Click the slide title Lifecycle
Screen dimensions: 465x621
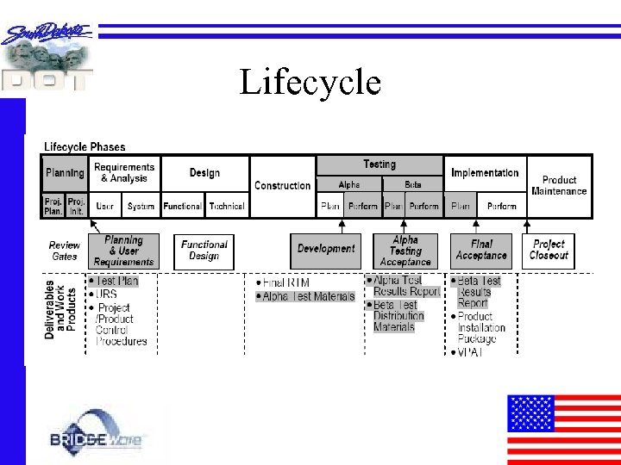pyautogui.click(x=310, y=83)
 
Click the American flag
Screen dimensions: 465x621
pyautogui.click(x=563, y=429)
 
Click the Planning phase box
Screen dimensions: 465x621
pyautogui.click(x=65, y=173)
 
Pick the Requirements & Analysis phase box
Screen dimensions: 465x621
pyautogui.click(x=124, y=173)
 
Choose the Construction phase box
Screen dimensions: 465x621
pyautogui.click(x=282, y=186)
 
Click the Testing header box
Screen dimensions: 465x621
pyautogui.click(x=379, y=164)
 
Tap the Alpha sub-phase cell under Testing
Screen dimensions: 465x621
pyautogui.click(x=348, y=184)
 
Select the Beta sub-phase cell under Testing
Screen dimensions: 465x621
pyautogui.click(x=413, y=184)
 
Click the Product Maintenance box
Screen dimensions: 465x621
pyautogui.click(x=559, y=186)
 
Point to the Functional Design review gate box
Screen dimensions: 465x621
pyautogui.click(x=204, y=251)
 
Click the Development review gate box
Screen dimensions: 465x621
pyautogui.click(x=326, y=249)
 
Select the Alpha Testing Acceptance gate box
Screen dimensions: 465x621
pyautogui.click(x=405, y=251)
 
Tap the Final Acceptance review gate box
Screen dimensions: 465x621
pyautogui.click(x=480, y=251)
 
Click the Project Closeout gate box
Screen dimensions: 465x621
pyautogui.click(x=549, y=250)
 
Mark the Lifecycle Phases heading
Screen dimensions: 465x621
pyautogui.click(x=85, y=147)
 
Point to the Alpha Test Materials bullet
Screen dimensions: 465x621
pyautogui.click(x=309, y=296)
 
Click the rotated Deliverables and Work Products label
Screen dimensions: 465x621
pyautogui.click(x=60, y=308)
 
